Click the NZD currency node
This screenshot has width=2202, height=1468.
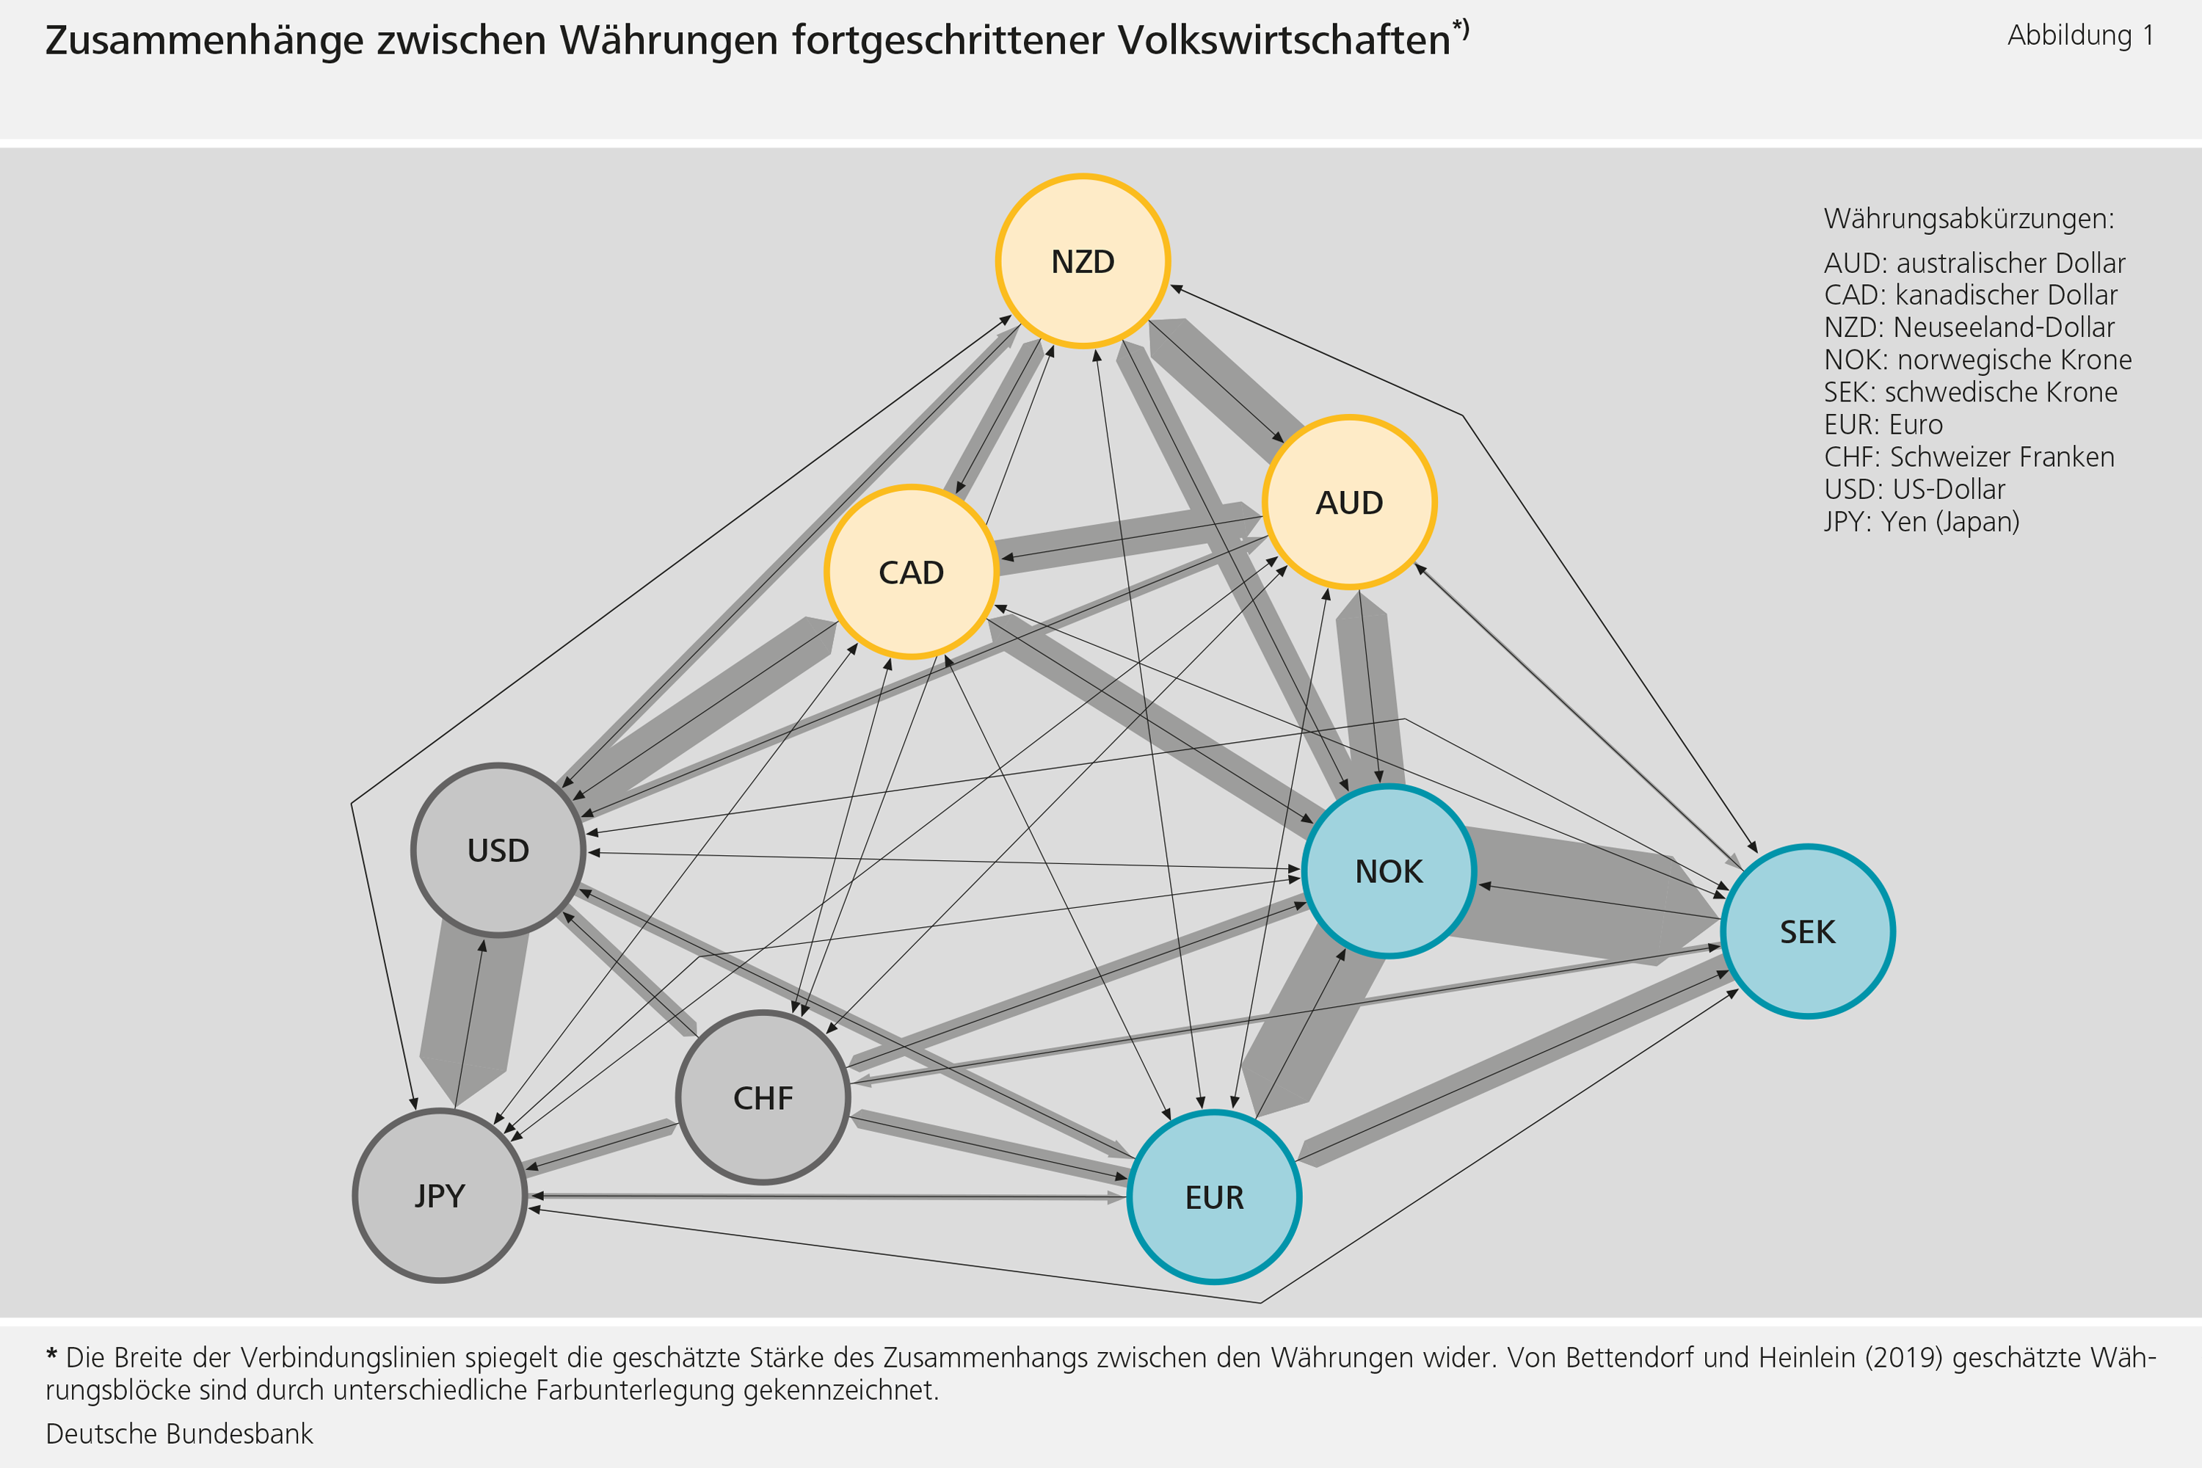pyautogui.click(x=1083, y=261)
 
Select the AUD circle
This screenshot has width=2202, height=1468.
pyautogui.click(x=1349, y=503)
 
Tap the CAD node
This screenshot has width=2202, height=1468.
pyautogui.click(x=911, y=572)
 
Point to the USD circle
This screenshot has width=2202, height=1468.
pyautogui.click(x=498, y=850)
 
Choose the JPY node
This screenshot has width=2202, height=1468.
pyautogui.click(x=439, y=1196)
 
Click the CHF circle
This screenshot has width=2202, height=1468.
pyautogui.click(x=763, y=1098)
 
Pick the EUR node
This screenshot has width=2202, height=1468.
pyautogui.click(x=1214, y=1197)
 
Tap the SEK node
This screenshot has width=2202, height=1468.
pyautogui.click(x=1808, y=931)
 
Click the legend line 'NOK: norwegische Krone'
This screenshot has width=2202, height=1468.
pyautogui.click(x=1977, y=360)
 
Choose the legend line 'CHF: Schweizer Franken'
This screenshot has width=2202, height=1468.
pyautogui.click(x=1969, y=457)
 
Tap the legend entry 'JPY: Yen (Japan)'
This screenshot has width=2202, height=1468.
pyautogui.click(x=1921, y=521)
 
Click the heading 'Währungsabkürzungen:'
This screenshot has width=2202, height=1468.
pyautogui.click(x=1969, y=219)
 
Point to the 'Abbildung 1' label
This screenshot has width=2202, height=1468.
pyautogui.click(x=2080, y=35)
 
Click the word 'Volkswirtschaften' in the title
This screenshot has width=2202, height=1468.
pyautogui.click(x=1284, y=40)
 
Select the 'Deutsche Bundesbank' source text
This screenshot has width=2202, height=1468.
pyautogui.click(x=179, y=1434)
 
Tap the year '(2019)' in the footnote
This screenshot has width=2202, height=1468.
pyautogui.click(x=1904, y=1357)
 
